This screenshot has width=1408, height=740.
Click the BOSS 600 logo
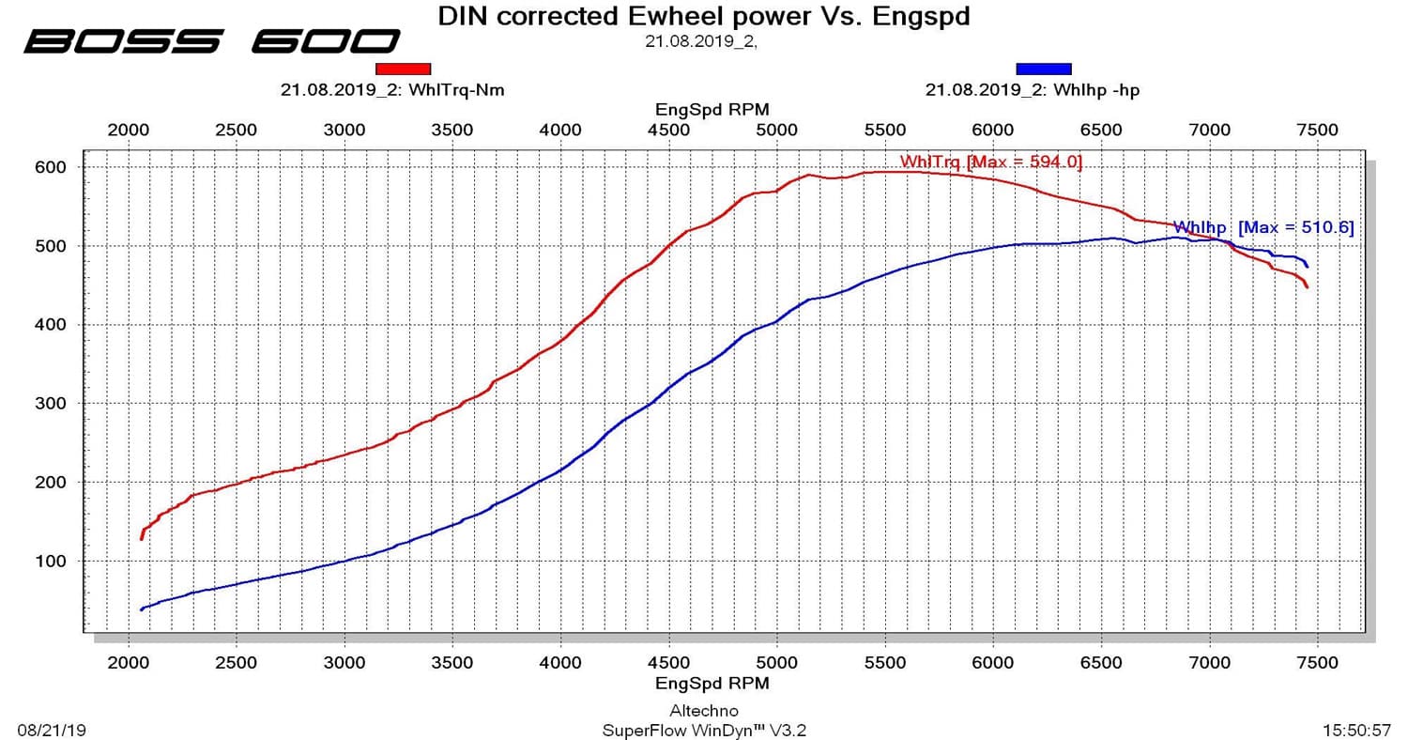(x=212, y=41)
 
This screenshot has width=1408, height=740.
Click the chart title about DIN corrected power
(x=704, y=16)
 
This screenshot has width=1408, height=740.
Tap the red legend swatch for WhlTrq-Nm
(x=403, y=69)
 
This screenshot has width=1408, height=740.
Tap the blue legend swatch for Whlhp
(x=1043, y=69)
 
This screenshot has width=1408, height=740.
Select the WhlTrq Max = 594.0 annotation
(x=990, y=162)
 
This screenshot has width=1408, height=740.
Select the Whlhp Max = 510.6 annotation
(x=1263, y=227)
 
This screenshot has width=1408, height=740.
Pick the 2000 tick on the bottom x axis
(x=128, y=663)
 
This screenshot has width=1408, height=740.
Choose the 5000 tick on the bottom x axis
(x=776, y=663)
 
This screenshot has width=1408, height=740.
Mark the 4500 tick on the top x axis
(x=668, y=130)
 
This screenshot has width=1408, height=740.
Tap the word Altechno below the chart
(x=703, y=711)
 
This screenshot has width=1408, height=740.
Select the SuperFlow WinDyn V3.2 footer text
(x=703, y=730)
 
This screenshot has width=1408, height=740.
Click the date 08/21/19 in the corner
(x=52, y=730)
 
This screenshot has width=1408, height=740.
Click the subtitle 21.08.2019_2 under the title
(x=700, y=40)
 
